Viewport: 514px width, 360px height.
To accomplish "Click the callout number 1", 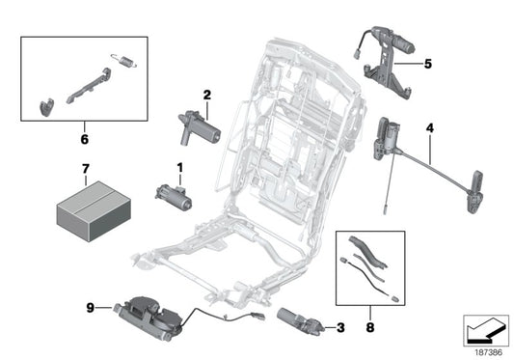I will coord(178,167).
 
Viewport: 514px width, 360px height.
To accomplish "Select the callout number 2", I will coord(206,95).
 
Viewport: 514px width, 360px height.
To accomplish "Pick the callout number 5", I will coord(428,65).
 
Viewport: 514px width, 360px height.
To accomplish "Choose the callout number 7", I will coord(85,171).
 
